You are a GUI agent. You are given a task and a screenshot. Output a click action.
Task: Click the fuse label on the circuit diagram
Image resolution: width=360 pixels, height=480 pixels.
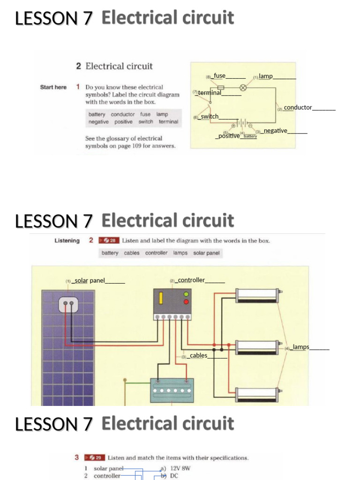pos(220,75)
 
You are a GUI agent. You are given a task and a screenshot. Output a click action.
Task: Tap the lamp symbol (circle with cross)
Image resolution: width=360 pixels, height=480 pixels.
pos(243,88)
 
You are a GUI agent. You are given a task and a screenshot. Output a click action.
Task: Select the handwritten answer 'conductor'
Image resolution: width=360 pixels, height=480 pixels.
pos(298,107)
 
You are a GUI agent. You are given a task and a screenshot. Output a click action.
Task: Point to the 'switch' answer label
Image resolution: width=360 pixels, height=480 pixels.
pos(210,116)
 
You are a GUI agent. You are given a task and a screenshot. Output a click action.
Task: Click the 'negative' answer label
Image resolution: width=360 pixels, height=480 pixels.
pos(275,131)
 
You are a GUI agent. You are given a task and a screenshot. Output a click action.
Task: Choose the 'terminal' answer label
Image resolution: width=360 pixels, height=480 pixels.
pos(209,93)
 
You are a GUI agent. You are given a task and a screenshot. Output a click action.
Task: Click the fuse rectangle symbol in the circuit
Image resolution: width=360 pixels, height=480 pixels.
pos(221,88)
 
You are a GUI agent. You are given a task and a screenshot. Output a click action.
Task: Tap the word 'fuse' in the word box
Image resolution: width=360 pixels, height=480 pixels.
pos(145,114)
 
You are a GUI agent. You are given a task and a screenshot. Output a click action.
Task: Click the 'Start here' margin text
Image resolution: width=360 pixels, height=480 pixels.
pos(53,87)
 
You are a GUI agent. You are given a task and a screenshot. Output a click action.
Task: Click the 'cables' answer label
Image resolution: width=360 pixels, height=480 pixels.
pos(198,356)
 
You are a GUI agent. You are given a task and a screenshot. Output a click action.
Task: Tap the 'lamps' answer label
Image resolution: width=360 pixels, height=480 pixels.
pos(300,347)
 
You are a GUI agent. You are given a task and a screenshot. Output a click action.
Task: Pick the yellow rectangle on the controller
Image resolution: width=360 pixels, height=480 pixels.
pos(160,299)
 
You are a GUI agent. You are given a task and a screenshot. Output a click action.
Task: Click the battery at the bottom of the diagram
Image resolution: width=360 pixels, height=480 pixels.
pos(172,390)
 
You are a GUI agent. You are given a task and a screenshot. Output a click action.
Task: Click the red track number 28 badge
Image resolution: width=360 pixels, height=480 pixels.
pos(108,240)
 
